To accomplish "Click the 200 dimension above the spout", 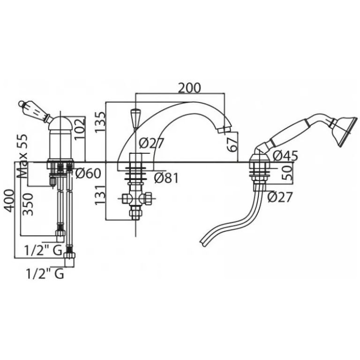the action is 189,88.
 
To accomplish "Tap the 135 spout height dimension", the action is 100,122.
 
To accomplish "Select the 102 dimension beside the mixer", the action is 80,129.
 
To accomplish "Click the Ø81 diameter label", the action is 166,178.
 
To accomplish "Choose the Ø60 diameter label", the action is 88,173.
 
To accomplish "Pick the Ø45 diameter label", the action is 285,156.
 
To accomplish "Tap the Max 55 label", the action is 22,157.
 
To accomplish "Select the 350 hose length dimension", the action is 29,204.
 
